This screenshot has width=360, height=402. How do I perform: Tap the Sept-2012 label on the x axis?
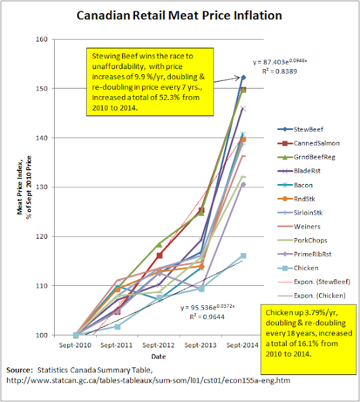point(160,345)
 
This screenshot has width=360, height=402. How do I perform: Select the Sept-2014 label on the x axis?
point(243,345)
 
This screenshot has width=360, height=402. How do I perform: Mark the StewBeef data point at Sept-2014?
point(243,77)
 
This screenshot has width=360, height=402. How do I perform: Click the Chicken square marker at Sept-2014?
point(243,256)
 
